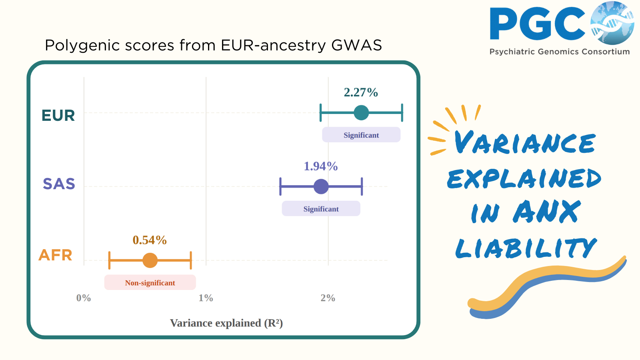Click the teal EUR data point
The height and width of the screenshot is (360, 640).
click(361, 112)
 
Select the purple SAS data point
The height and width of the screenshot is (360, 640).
click(321, 186)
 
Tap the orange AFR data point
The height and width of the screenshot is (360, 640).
click(150, 260)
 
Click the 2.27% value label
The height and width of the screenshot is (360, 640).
click(361, 92)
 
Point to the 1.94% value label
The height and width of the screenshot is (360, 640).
click(320, 166)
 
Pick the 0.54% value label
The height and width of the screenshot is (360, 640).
click(150, 240)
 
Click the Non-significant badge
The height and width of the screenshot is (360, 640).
click(150, 282)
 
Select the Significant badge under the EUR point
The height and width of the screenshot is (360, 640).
click(361, 134)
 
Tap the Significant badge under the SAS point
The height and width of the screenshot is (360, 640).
click(321, 208)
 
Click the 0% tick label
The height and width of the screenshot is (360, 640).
click(84, 298)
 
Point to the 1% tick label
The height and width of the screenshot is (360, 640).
click(206, 298)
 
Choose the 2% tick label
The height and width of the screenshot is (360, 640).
click(328, 298)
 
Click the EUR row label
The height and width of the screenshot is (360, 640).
click(58, 116)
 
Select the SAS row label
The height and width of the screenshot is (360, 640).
click(59, 184)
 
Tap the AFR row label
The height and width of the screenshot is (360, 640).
click(55, 255)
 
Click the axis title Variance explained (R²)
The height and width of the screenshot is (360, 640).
click(226, 323)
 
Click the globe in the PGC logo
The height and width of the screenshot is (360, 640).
click(612, 23)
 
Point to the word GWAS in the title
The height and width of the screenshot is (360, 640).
click(356, 45)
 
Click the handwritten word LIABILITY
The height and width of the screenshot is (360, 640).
click(526, 248)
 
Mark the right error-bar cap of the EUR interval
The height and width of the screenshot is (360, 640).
click(402, 112)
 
